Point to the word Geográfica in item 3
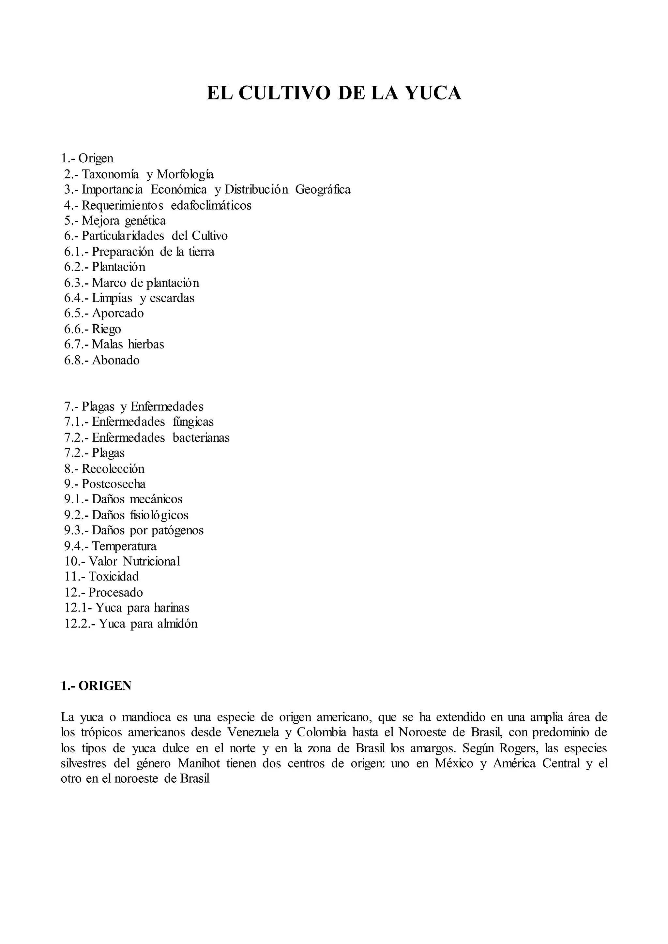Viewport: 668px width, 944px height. tap(323, 189)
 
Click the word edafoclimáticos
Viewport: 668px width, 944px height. tap(211, 205)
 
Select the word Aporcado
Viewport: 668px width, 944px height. tap(118, 314)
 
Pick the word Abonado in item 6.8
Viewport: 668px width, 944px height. tap(115, 361)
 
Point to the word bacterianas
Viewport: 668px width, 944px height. tap(201, 437)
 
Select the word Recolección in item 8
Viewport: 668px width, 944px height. tap(113, 469)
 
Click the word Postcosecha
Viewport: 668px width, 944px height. tap(114, 484)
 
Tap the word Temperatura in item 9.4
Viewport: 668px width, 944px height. tap(124, 546)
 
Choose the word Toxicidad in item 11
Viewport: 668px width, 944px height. tap(114, 576)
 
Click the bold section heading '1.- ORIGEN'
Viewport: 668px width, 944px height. tap(96, 686)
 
